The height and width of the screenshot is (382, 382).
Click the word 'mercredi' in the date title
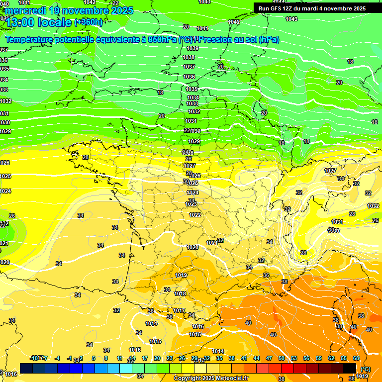(x=23, y=10)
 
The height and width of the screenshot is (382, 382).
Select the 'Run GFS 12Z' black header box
(x=310, y=8)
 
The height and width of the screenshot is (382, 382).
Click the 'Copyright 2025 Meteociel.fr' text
(x=211, y=378)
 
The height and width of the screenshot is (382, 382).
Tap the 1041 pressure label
(x=202, y=28)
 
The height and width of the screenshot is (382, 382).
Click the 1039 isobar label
(x=192, y=48)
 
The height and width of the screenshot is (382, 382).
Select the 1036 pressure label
(x=189, y=77)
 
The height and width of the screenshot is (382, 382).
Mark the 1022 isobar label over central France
(x=195, y=215)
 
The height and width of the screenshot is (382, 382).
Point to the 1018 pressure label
(x=180, y=293)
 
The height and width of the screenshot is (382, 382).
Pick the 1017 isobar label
(x=179, y=310)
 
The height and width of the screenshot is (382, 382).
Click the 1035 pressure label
(x=191, y=89)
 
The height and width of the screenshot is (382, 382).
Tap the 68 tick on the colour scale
(x=356, y=358)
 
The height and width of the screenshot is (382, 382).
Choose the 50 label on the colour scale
(x=282, y=358)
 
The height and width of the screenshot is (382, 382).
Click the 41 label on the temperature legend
(x=244, y=358)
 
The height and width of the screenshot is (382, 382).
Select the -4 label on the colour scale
(x=57, y=358)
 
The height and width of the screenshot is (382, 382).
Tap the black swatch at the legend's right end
(x=350, y=368)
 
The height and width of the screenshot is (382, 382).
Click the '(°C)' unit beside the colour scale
(x=365, y=369)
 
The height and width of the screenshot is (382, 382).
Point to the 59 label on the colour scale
(x=319, y=358)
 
